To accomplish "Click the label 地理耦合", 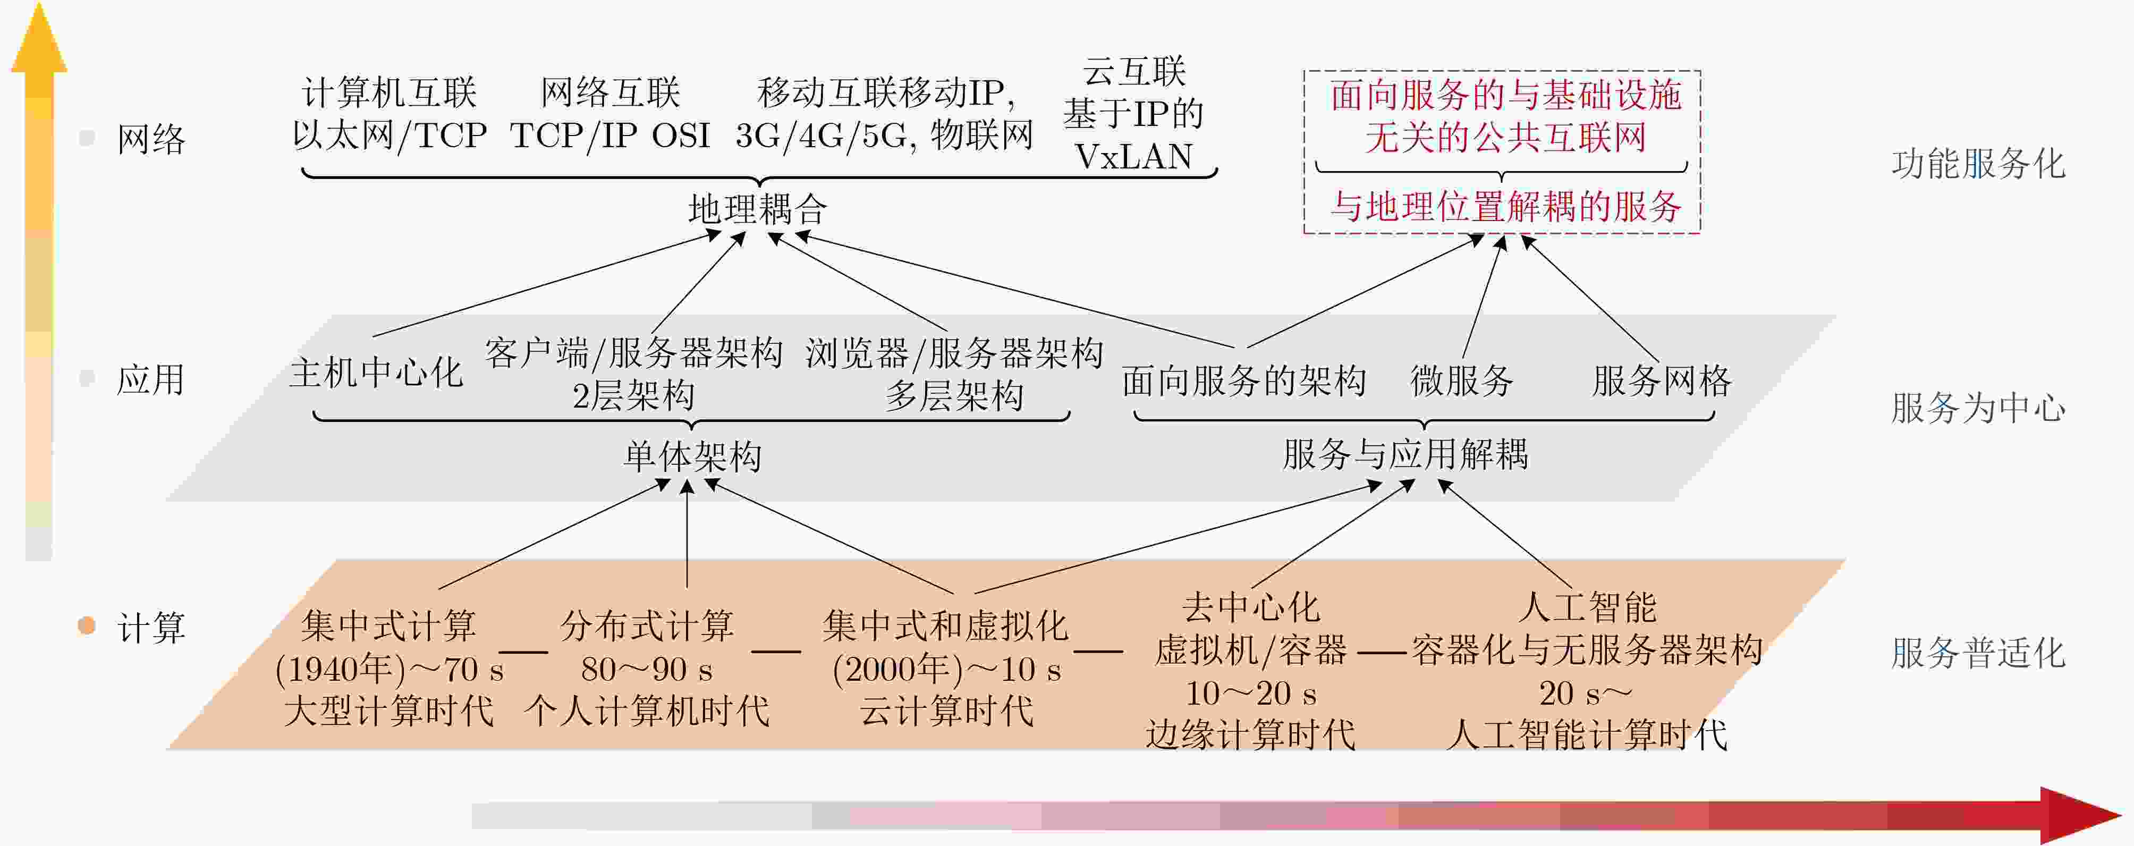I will (757, 209).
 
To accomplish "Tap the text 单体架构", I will (692, 456).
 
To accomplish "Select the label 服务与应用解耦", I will (1405, 454).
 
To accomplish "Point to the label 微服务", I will (1462, 380).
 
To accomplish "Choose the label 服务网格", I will (1662, 380).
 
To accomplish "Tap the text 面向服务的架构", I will (1244, 380).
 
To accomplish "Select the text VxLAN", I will (1133, 156).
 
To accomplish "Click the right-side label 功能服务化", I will (1978, 163).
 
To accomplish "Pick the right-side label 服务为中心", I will (1978, 408).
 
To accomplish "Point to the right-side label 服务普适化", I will (1978, 653).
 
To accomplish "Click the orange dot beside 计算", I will (86, 625).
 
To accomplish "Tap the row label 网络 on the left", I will (151, 138).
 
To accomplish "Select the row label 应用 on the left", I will (151, 379).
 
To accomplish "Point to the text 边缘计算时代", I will (1250, 734).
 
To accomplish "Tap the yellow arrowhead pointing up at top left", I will (38, 41).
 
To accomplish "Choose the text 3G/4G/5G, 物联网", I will (884, 135).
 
